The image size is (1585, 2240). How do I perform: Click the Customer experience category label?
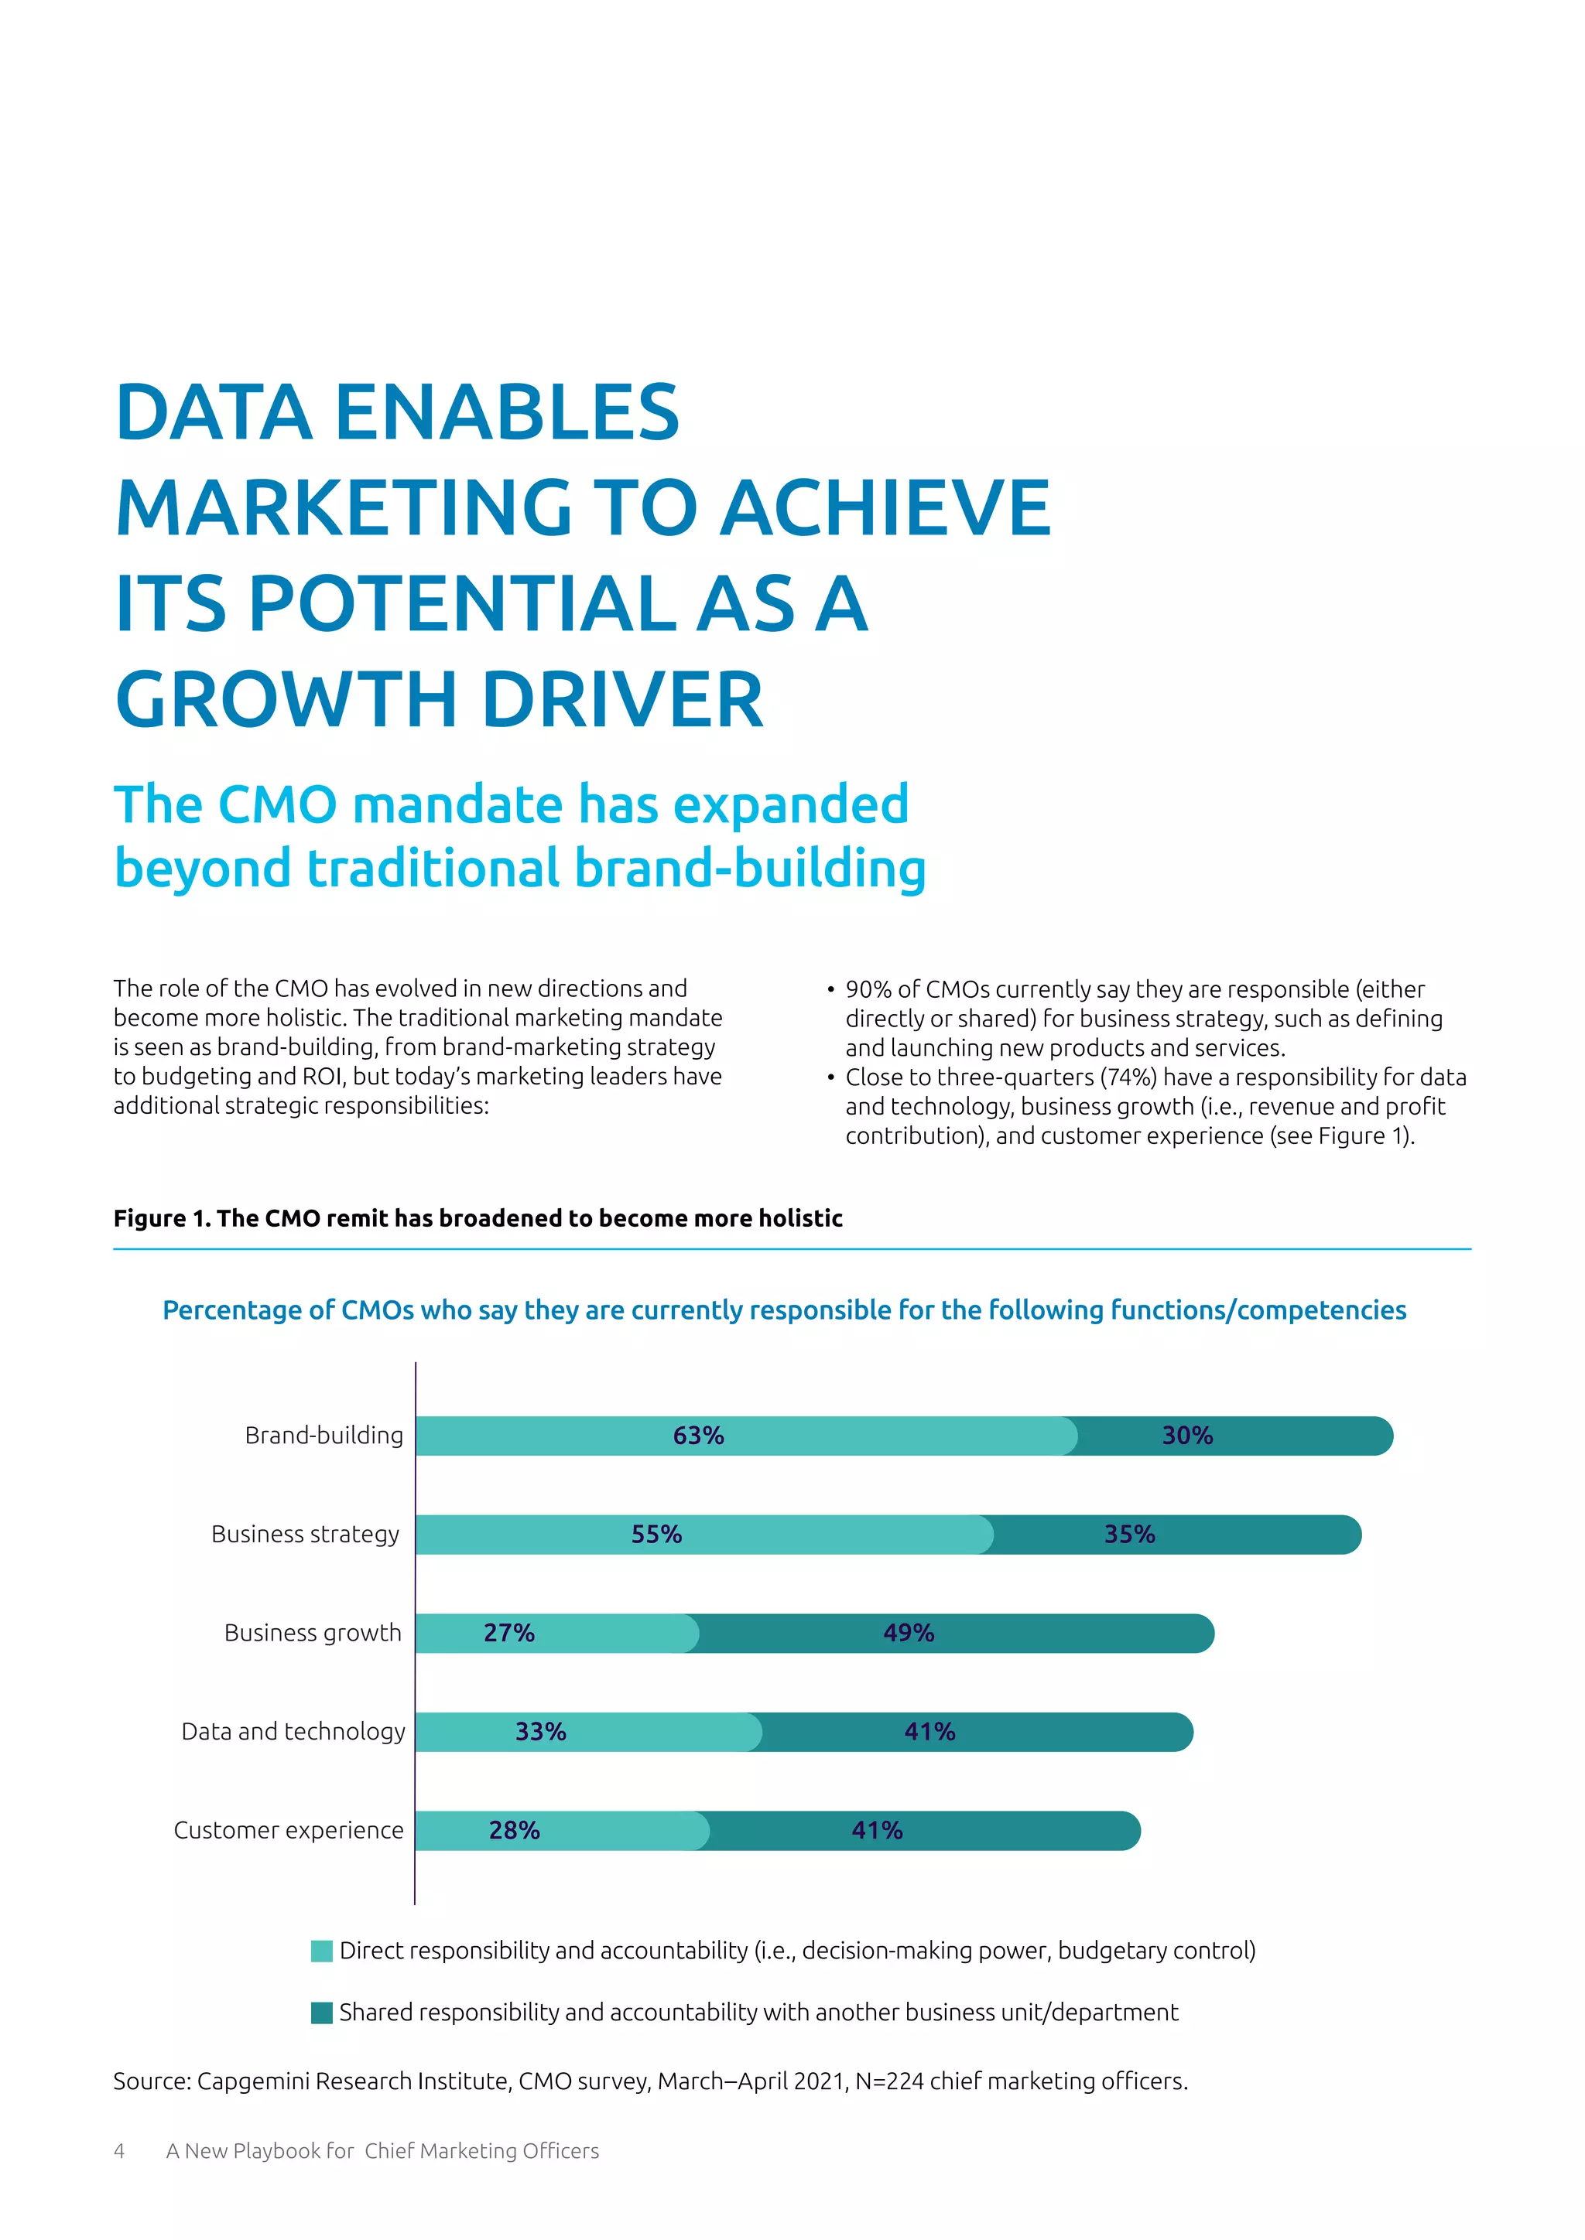pyautogui.click(x=288, y=1829)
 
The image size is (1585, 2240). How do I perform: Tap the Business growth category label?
pyautogui.click(x=313, y=1632)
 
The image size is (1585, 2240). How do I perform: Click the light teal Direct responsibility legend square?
pyautogui.click(x=321, y=1951)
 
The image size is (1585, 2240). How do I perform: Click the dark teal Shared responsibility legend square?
pyautogui.click(x=321, y=2013)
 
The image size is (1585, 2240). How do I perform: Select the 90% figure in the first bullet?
pyautogui.click(x=868, y=989)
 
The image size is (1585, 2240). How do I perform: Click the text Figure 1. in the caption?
pyautogui.click(x=160, y=1217)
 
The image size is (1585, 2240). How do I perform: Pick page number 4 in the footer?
pyautogui.click(x=119, y=2150)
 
